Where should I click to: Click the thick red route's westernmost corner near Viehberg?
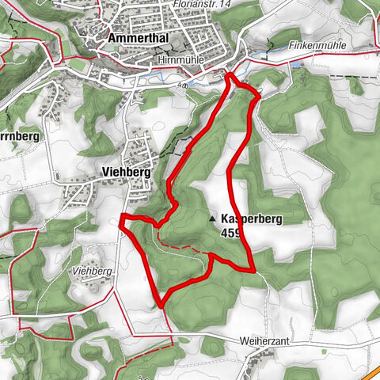click(x=121, y=218)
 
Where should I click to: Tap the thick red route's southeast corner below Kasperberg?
click(x=253, y=270)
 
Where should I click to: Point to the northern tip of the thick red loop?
click(x=230, y=75)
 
